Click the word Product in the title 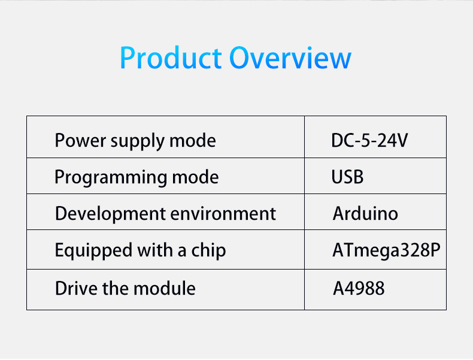(171, 58)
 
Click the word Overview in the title (290, 58)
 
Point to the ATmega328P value (386, 250)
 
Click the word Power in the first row (80, 141)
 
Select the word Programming (111, 178)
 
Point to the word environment (223, 214)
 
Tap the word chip (208, 251)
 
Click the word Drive (77, 288)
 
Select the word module (165, 288)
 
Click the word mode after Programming (195, 177)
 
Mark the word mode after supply (193, 141)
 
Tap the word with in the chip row (155, 250)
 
